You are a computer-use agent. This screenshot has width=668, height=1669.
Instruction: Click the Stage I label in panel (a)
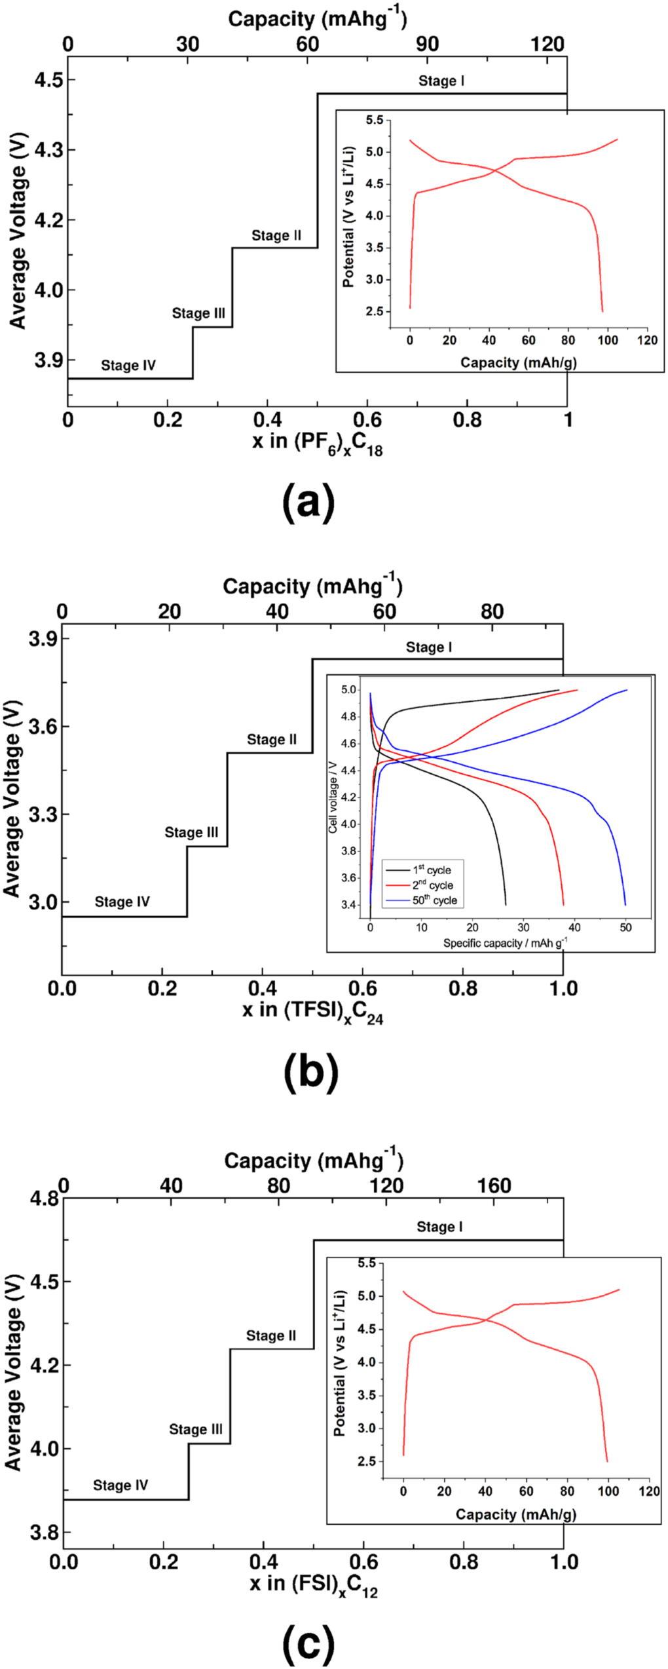[x=441, y=81]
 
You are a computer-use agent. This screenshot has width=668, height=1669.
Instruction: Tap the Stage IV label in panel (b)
[x=122, y=902]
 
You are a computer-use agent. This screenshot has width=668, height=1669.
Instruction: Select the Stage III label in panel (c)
[x=195, y=1429]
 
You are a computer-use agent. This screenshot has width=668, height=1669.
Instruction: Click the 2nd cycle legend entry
[x=432, y=885]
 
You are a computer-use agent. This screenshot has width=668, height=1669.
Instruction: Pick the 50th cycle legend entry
[x=434, y=900]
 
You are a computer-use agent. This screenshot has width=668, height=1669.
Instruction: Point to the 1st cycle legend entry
[x=431, y=870]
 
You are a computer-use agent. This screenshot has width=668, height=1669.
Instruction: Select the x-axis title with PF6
[x=317, y=444]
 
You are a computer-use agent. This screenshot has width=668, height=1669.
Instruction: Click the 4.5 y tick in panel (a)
[x=48, y=80]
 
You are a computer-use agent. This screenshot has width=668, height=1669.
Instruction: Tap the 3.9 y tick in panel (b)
[x=43, y=639]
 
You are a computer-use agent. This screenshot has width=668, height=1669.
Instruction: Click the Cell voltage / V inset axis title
[x=333, y=797]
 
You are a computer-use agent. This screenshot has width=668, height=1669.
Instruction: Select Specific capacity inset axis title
[x=505, y=943]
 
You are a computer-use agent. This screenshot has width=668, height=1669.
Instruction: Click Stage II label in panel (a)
[x=276, y=235]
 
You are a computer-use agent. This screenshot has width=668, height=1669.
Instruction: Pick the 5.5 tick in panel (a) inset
[x=375, y=120]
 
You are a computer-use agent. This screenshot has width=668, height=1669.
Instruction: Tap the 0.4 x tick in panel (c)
[x=263, y=1562]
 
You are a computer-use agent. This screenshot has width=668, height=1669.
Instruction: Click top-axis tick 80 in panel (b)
[x=492, y=611]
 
